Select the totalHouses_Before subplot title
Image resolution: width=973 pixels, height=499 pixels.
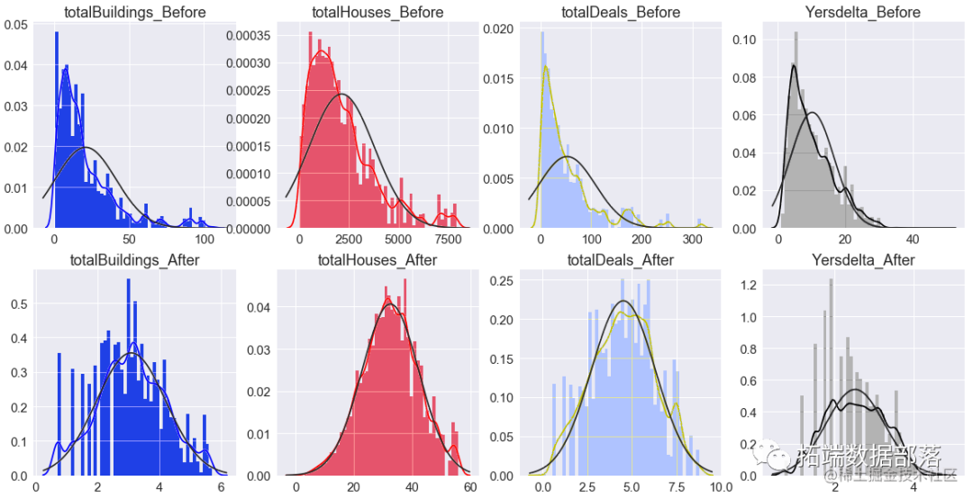377,13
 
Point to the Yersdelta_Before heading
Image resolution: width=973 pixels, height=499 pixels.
866,13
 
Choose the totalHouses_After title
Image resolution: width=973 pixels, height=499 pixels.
377,260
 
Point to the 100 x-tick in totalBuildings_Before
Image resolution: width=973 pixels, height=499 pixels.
204,240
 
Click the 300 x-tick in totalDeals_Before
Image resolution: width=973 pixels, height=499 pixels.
692,240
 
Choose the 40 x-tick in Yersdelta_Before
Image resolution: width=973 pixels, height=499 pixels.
912,240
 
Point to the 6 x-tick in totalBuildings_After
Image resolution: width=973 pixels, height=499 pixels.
221,486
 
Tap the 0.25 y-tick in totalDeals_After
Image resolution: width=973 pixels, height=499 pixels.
502,282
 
